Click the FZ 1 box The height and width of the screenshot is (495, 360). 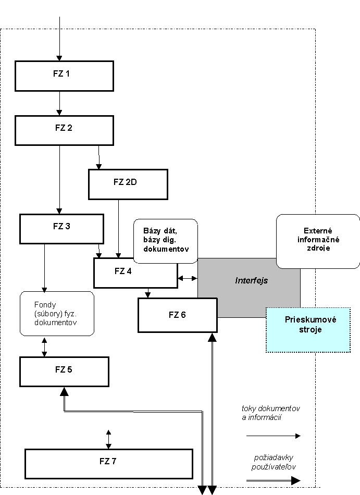click(65, 76)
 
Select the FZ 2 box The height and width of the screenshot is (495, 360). click(65, 130)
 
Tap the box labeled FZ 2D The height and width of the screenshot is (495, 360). click(128, 184)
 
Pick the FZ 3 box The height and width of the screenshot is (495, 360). click(62, 229)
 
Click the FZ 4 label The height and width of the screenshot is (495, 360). click(123, 271)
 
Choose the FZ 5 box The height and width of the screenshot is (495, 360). click(65, 372)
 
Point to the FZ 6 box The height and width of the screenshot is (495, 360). click(178, 315)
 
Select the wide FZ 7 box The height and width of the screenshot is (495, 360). click(109, 464)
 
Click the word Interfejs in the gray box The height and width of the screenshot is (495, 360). click(252, 280)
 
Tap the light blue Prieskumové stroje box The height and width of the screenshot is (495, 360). click(308, 330)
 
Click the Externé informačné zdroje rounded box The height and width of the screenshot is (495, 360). click(318, 241)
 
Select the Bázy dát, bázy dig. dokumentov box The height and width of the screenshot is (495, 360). click(166, 241)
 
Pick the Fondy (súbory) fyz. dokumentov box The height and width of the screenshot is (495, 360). click(57, 314)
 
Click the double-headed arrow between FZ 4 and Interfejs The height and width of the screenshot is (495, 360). click(188, 278)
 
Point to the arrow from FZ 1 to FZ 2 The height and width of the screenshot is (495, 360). click(59, 103)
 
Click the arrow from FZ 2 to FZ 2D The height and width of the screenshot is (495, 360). click(99, 157)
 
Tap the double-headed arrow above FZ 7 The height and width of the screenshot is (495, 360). click(108, 439)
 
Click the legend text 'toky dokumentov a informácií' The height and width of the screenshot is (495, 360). click(271, 413)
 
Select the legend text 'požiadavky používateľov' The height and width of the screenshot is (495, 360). click(274, 462)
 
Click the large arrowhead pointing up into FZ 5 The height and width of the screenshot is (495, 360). click(65, 392)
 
